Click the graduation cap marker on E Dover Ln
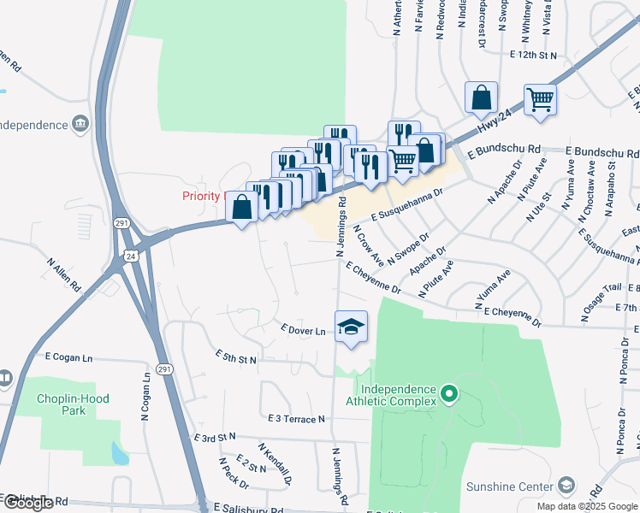click(x=351, y=327)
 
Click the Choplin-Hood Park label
click(x=62, y=404)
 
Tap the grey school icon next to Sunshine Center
click(x=566, y=486)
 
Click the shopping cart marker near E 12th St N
click(x=540, y=99)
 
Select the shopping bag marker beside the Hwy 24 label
click(x=481, y=97)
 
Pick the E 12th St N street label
click(x=532, y=55)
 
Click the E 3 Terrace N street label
click(x=296, y=419)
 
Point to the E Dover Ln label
click(x=303, y=330)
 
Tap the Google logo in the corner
click(x=27, y=503)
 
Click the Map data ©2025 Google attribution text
click(x=586, y=506)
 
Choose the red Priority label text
click(x=202, y=196)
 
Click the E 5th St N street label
click(x=236, y=357)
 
